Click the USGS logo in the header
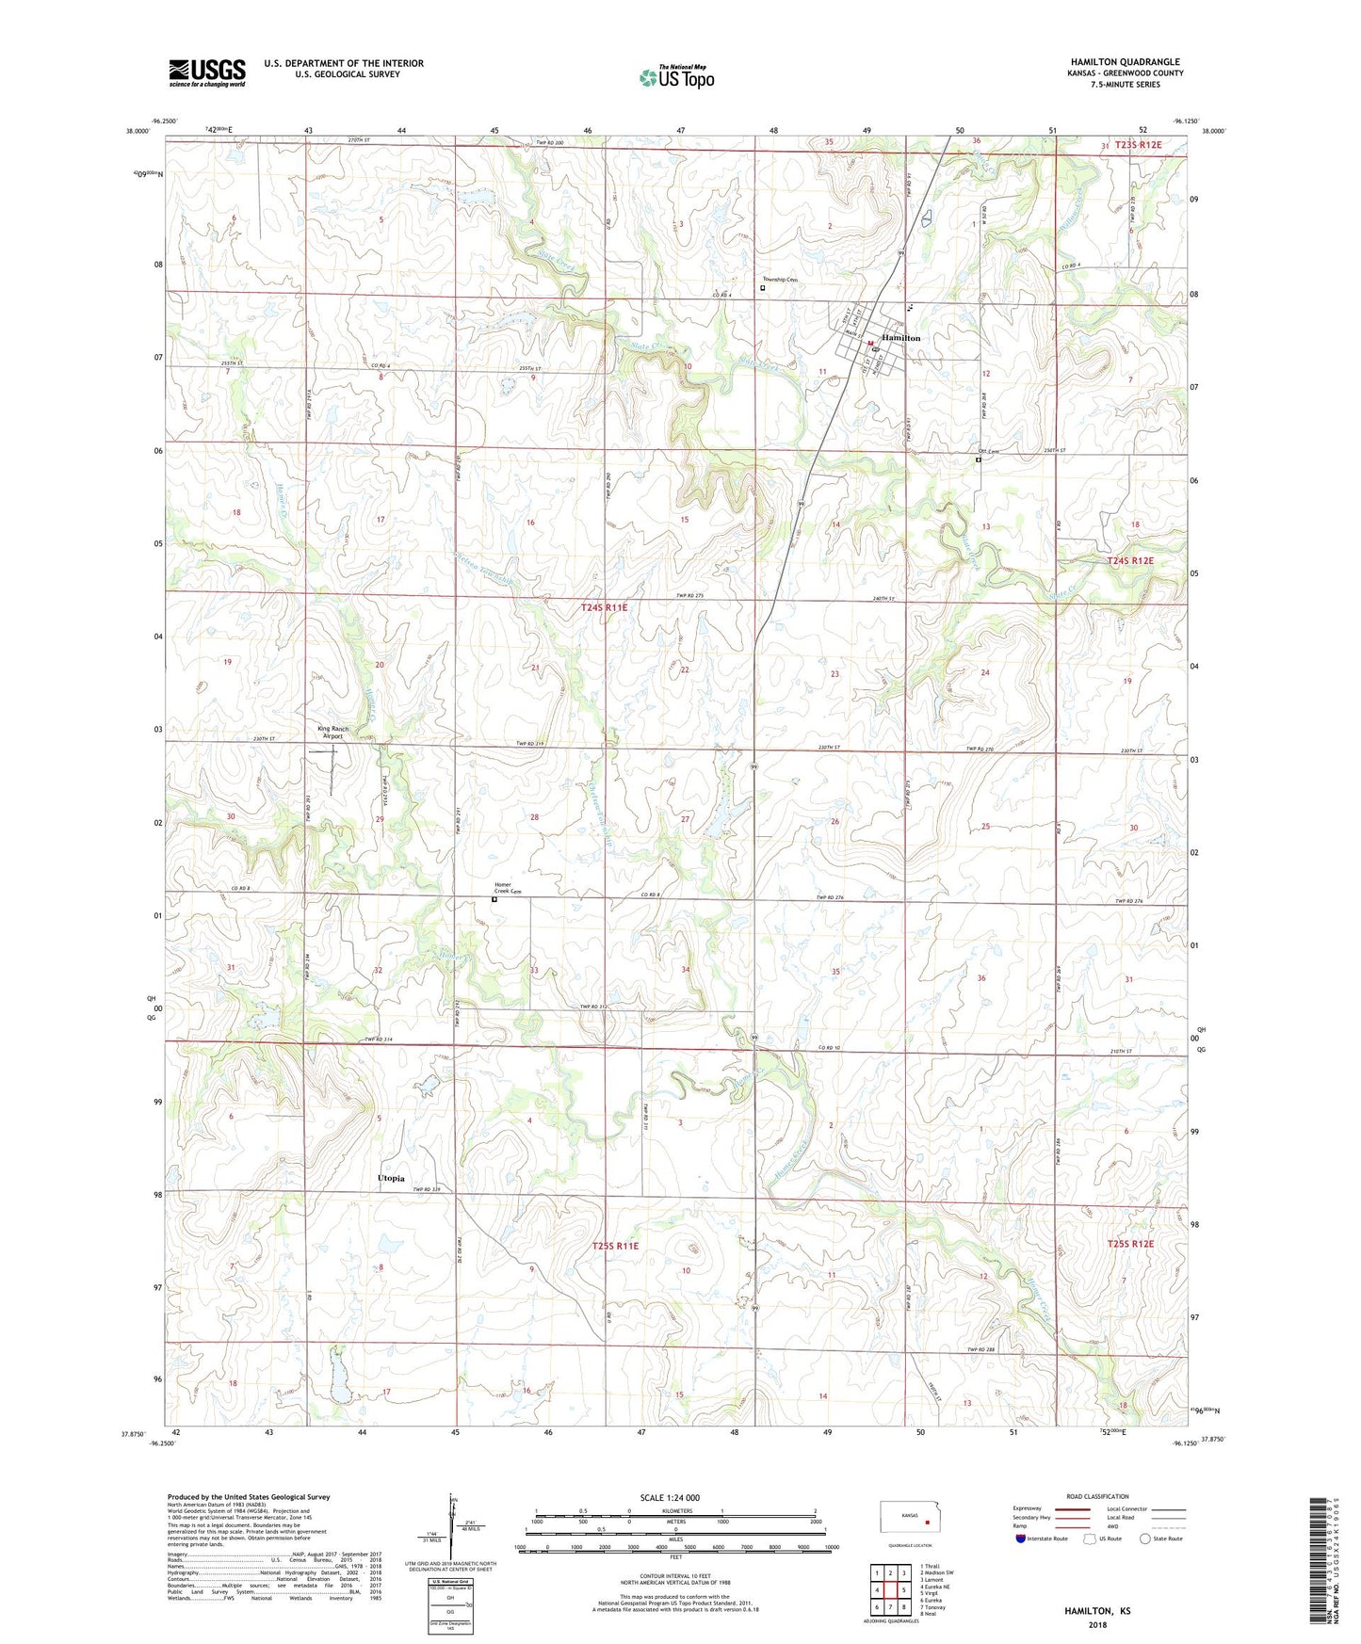(x=207, y=73)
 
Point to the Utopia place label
(x=391, y=1179)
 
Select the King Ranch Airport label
(x=332, y=733)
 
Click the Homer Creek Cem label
(x=508, y=888)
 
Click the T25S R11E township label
(x=615, y=1246)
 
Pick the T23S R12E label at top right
(x=1138, y=145)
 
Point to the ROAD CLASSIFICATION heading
(x=1097, y=1496)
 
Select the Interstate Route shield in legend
(x=1021, y=1539)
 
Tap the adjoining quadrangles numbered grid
(x=889, y=1589)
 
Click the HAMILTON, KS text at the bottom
(x=1097, y=1611)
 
